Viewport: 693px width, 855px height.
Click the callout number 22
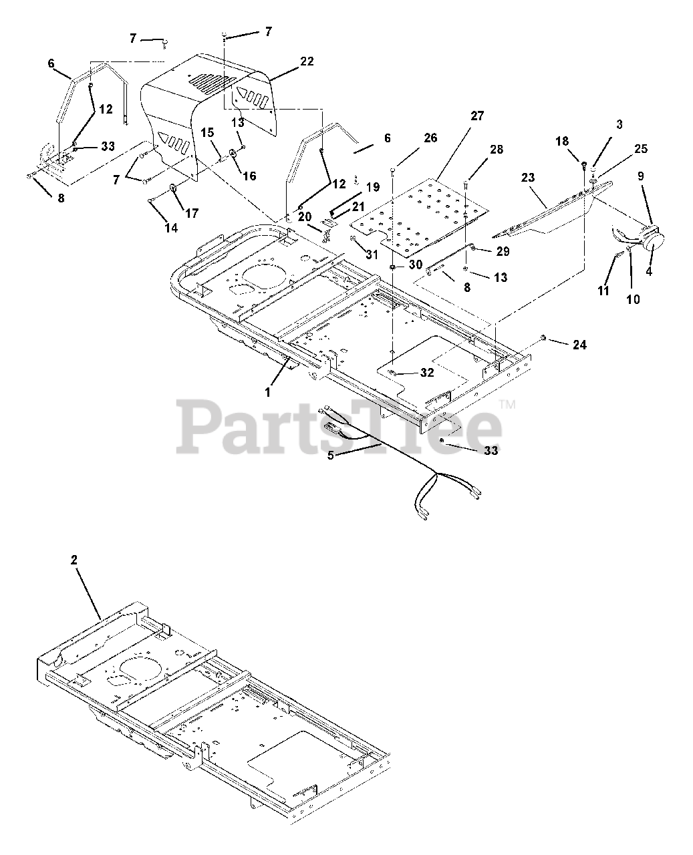307,61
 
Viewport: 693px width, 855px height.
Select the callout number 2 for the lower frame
74,560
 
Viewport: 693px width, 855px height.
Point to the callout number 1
268,393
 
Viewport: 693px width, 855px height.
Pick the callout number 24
579,345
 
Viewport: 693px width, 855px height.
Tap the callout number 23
528,178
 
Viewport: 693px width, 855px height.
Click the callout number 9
641,176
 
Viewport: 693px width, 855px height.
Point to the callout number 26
430,138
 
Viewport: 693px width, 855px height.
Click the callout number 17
191,214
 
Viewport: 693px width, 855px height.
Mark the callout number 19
373,188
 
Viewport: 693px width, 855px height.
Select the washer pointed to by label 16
233,154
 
